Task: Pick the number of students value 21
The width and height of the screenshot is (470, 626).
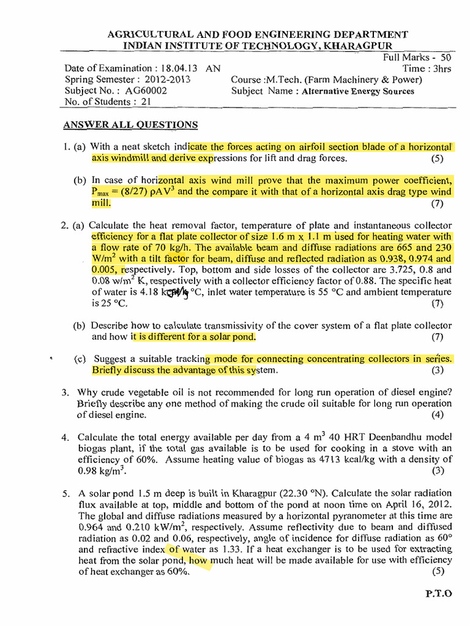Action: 145,102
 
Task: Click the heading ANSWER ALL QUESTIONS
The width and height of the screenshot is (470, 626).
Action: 130,125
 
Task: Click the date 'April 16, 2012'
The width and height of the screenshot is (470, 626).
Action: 416,504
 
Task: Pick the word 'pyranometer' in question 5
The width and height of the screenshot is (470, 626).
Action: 337,515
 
